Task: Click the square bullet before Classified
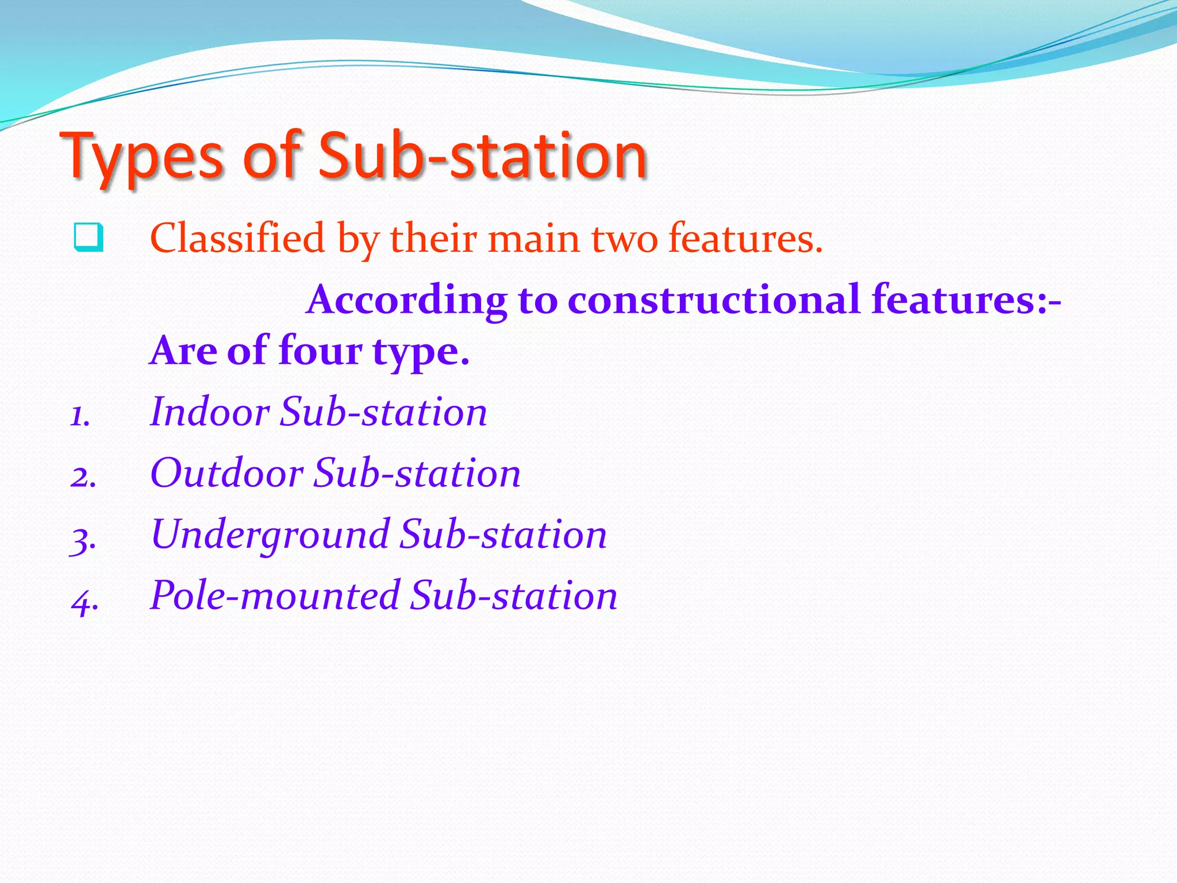pos(89,237)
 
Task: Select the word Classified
pos(237,238)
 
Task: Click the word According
pos(407,300)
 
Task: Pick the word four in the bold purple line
pos(320,350)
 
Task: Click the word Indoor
pos(209,412)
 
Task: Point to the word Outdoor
pos(226,473)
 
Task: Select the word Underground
pos(271,535)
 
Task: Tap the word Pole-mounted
pos(275,596)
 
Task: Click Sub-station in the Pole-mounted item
pos(513,596)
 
